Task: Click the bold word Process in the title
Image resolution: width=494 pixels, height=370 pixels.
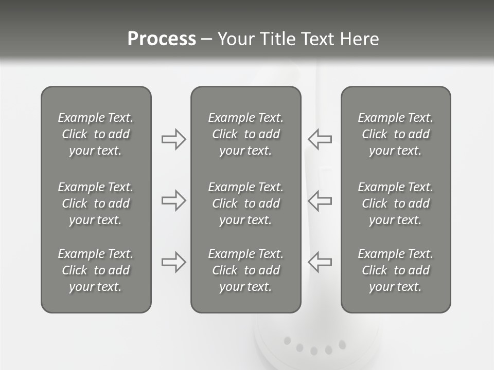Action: (162, 39)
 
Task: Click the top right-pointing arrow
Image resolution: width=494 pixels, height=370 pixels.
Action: (173, 139)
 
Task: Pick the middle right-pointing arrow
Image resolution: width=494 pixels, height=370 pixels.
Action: (173, 200)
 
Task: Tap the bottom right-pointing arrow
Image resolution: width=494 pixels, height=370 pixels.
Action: (173, 262)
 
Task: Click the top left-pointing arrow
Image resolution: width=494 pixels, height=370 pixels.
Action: (320, 139)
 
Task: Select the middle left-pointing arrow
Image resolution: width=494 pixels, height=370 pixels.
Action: (320, 200)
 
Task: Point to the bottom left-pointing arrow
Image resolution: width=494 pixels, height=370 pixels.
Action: (320, 262)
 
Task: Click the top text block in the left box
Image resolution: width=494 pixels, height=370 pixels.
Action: (96, 134)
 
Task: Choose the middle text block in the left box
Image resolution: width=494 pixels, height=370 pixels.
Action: (96, 203)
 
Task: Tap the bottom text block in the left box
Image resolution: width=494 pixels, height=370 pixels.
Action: (96, 270)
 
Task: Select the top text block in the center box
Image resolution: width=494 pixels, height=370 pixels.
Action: (245, 134)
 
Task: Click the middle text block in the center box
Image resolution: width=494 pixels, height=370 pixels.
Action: (245, 203)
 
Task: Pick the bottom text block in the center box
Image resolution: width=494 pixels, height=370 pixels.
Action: (245, 270)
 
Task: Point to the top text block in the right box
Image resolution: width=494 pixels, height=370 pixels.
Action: (395, 134)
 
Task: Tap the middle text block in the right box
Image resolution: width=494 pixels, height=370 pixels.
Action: (395, 203)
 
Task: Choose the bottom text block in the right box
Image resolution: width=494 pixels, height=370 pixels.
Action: (395, 270)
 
